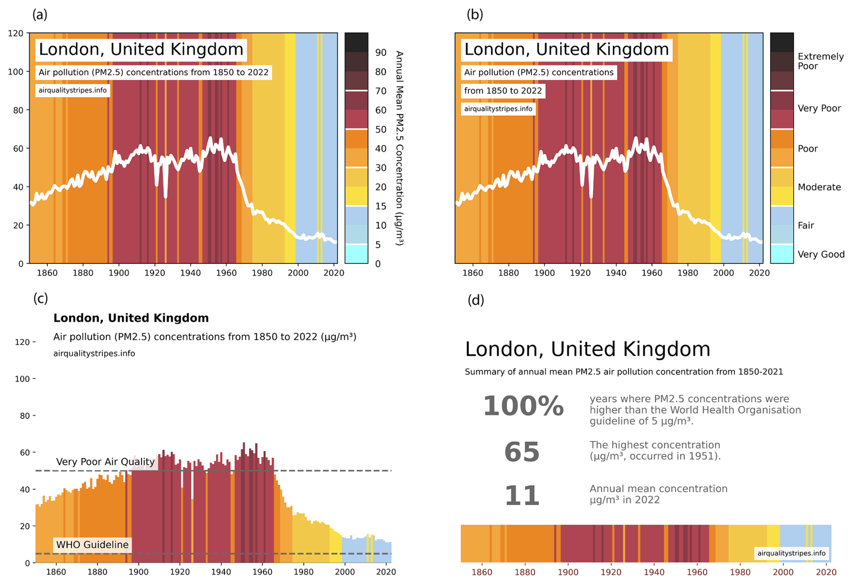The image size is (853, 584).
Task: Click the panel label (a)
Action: click(x=40, y=15)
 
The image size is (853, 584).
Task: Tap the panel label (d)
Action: click(x=476, y=300)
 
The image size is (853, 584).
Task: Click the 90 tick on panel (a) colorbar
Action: click(x=381, y=53)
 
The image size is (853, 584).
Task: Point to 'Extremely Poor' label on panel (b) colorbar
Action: click(x=820, y=61)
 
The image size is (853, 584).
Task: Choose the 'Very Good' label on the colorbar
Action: click(x=821, y=254)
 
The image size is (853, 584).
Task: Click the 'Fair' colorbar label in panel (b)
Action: click(x=806, y=225)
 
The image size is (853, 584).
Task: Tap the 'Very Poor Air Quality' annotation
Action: click(x=105, y=462)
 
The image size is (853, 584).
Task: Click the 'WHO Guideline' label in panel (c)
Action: click(x=92, y=545)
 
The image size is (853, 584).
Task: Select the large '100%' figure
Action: click(x=523, y=406)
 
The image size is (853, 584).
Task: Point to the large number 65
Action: click(x=522, y=452)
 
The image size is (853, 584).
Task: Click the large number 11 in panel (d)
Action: click(x=522, y=496)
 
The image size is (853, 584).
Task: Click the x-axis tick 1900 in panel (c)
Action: click(x=138, y=572)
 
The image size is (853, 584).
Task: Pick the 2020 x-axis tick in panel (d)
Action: click(x=826, y=572)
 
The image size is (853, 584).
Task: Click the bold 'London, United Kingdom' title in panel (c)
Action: click(x=131, y=318)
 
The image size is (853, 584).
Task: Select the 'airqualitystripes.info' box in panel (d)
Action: click(x=791, y=553)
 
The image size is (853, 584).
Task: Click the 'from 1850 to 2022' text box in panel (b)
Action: click(x=503, y=91)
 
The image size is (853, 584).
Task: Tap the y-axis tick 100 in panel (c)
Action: click(x=22, y=379)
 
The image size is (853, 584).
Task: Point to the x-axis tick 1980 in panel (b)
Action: click(x=688, y=273)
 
